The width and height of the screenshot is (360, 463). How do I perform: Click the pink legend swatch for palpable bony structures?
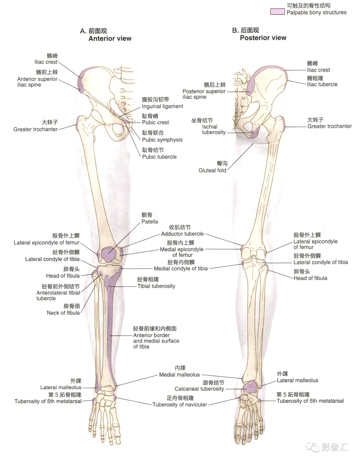coord(277,12)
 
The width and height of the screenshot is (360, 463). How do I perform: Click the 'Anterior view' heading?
coord(110,38)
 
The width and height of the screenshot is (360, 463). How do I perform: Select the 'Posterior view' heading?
coord(263,38)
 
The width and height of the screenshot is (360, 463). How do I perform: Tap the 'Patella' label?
coord(150,221)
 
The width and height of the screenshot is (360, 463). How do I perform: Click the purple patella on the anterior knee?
coord(109,255)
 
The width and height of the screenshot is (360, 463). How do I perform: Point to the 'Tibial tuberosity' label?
coord(156,286)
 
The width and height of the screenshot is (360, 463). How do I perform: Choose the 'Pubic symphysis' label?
coord(162,140)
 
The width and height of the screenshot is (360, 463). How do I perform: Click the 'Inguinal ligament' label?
coord(162,106)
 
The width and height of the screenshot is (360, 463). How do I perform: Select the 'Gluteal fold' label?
coord(212,170)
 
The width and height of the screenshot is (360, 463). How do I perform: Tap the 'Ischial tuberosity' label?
coord(213,129)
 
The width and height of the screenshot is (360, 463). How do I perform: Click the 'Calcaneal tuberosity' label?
coord(199,389)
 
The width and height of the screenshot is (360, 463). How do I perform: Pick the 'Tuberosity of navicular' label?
coord(180,404)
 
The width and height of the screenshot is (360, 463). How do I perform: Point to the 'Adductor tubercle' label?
coord(182,234)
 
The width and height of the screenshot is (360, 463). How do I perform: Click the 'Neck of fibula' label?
coord(63,313)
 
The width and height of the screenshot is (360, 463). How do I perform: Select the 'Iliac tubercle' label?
coord(322,84)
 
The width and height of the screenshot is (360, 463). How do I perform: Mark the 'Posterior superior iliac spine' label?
coord(204,94)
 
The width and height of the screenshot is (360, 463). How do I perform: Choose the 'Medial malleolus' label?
coord(179,375)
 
